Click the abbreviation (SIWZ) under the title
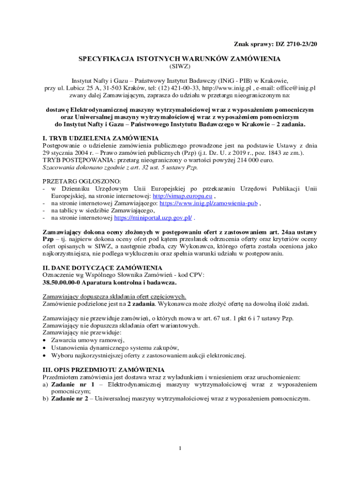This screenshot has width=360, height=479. [180, 66]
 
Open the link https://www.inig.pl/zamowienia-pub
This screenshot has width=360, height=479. [209, 203]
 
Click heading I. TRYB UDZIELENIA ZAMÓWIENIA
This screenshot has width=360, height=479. [101, 138]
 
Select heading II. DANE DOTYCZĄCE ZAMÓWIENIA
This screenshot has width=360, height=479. [102, 268]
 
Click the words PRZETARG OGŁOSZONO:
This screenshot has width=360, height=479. [81, 181]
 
